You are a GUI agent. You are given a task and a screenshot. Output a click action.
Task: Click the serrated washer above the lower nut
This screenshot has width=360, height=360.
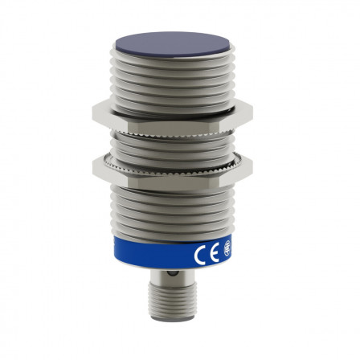[179, 156]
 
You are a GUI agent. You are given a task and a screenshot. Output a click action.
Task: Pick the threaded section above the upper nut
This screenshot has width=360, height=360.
[179, 80]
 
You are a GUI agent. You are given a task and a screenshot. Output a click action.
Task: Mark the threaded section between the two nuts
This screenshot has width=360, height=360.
[179, 143]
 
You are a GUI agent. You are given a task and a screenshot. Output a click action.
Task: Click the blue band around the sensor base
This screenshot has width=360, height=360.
[179, 256]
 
